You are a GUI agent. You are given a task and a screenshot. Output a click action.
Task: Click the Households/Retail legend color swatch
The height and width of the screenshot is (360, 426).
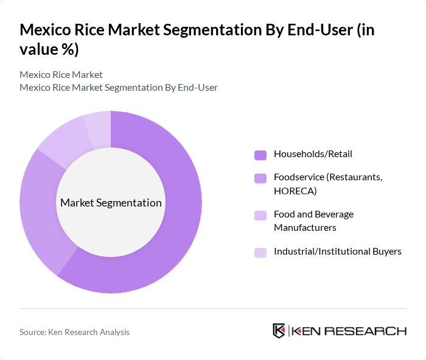click(260, 155)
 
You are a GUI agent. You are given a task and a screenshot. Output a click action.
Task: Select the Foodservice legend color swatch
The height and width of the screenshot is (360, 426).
click(260, 178)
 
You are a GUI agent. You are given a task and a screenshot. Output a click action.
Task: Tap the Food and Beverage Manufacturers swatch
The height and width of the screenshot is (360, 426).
click(260, 215)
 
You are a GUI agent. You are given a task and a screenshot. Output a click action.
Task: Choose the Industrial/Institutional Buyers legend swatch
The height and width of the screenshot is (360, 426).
click(260, 252)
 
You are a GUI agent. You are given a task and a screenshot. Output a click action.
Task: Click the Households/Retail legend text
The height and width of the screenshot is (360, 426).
click(313, 154)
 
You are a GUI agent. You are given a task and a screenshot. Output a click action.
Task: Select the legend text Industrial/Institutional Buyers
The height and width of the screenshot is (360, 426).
click(337, 252)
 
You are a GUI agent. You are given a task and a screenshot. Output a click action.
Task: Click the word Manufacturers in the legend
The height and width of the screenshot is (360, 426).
click(305, 228)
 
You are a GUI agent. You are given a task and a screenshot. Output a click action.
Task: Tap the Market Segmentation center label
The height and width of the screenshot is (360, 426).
click(111, 203)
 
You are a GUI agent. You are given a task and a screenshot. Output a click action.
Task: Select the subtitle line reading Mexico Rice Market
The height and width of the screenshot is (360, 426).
click(61, 75)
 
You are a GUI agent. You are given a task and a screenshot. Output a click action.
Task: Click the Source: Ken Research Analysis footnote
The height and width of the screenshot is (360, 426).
click(74, 332)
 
